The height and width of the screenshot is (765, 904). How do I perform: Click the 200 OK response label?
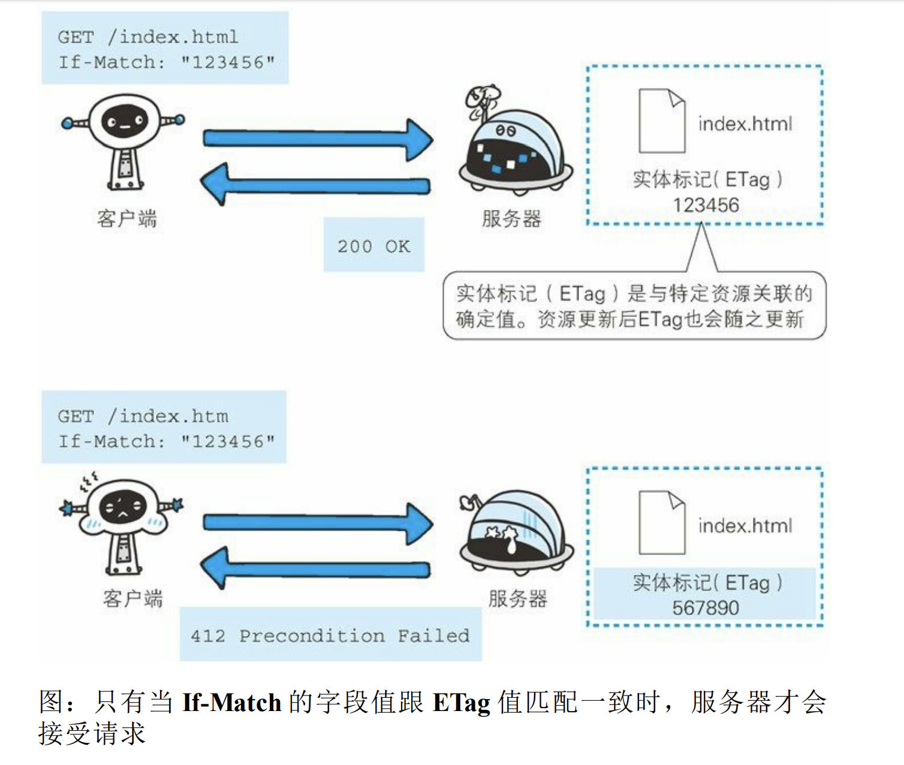373,246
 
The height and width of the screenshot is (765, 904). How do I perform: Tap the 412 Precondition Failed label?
330,635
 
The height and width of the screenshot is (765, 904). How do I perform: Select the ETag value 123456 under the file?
706,205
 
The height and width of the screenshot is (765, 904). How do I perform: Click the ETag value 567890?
706,608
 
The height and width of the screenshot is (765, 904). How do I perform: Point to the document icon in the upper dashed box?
662,121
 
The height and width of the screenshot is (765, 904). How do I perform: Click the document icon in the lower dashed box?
662,522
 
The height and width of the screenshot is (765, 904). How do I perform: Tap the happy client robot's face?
125,122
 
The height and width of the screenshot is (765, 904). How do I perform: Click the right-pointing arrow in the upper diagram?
318,139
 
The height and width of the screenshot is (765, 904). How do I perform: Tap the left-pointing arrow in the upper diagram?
315,185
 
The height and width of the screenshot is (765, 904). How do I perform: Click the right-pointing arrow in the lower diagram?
318,523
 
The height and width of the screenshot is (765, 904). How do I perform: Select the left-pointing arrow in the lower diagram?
315,568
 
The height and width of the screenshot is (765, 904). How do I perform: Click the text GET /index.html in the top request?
148,37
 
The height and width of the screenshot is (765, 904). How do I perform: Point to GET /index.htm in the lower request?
143,416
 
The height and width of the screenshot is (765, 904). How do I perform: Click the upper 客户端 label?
126,219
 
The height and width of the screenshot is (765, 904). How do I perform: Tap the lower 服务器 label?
517,598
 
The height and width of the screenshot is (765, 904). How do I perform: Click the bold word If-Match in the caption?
231,702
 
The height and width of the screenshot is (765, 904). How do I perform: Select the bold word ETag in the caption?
461,702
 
